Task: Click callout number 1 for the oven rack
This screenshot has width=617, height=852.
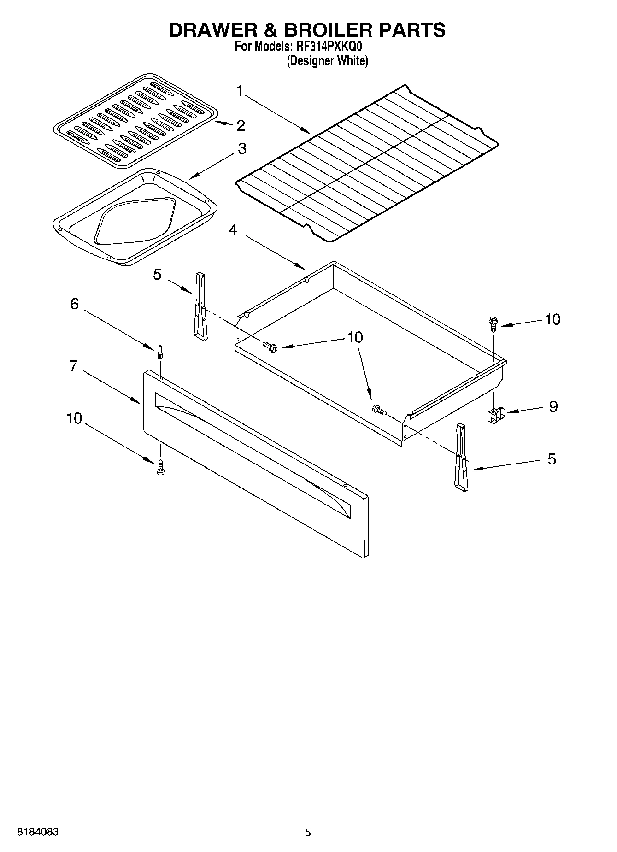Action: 240,91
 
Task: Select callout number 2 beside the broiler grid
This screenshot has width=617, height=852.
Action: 240,125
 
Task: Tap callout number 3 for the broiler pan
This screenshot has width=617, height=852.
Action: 241,148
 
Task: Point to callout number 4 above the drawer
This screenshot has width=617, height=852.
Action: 234,229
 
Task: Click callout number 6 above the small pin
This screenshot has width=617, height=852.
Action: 74,304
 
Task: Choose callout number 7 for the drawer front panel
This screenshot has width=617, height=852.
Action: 73,365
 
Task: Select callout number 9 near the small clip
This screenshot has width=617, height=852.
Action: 553,406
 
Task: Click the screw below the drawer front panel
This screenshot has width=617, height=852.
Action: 160,467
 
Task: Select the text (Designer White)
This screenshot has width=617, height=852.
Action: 327,61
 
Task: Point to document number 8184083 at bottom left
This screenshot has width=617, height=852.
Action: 38,832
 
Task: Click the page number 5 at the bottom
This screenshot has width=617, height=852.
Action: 307,833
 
